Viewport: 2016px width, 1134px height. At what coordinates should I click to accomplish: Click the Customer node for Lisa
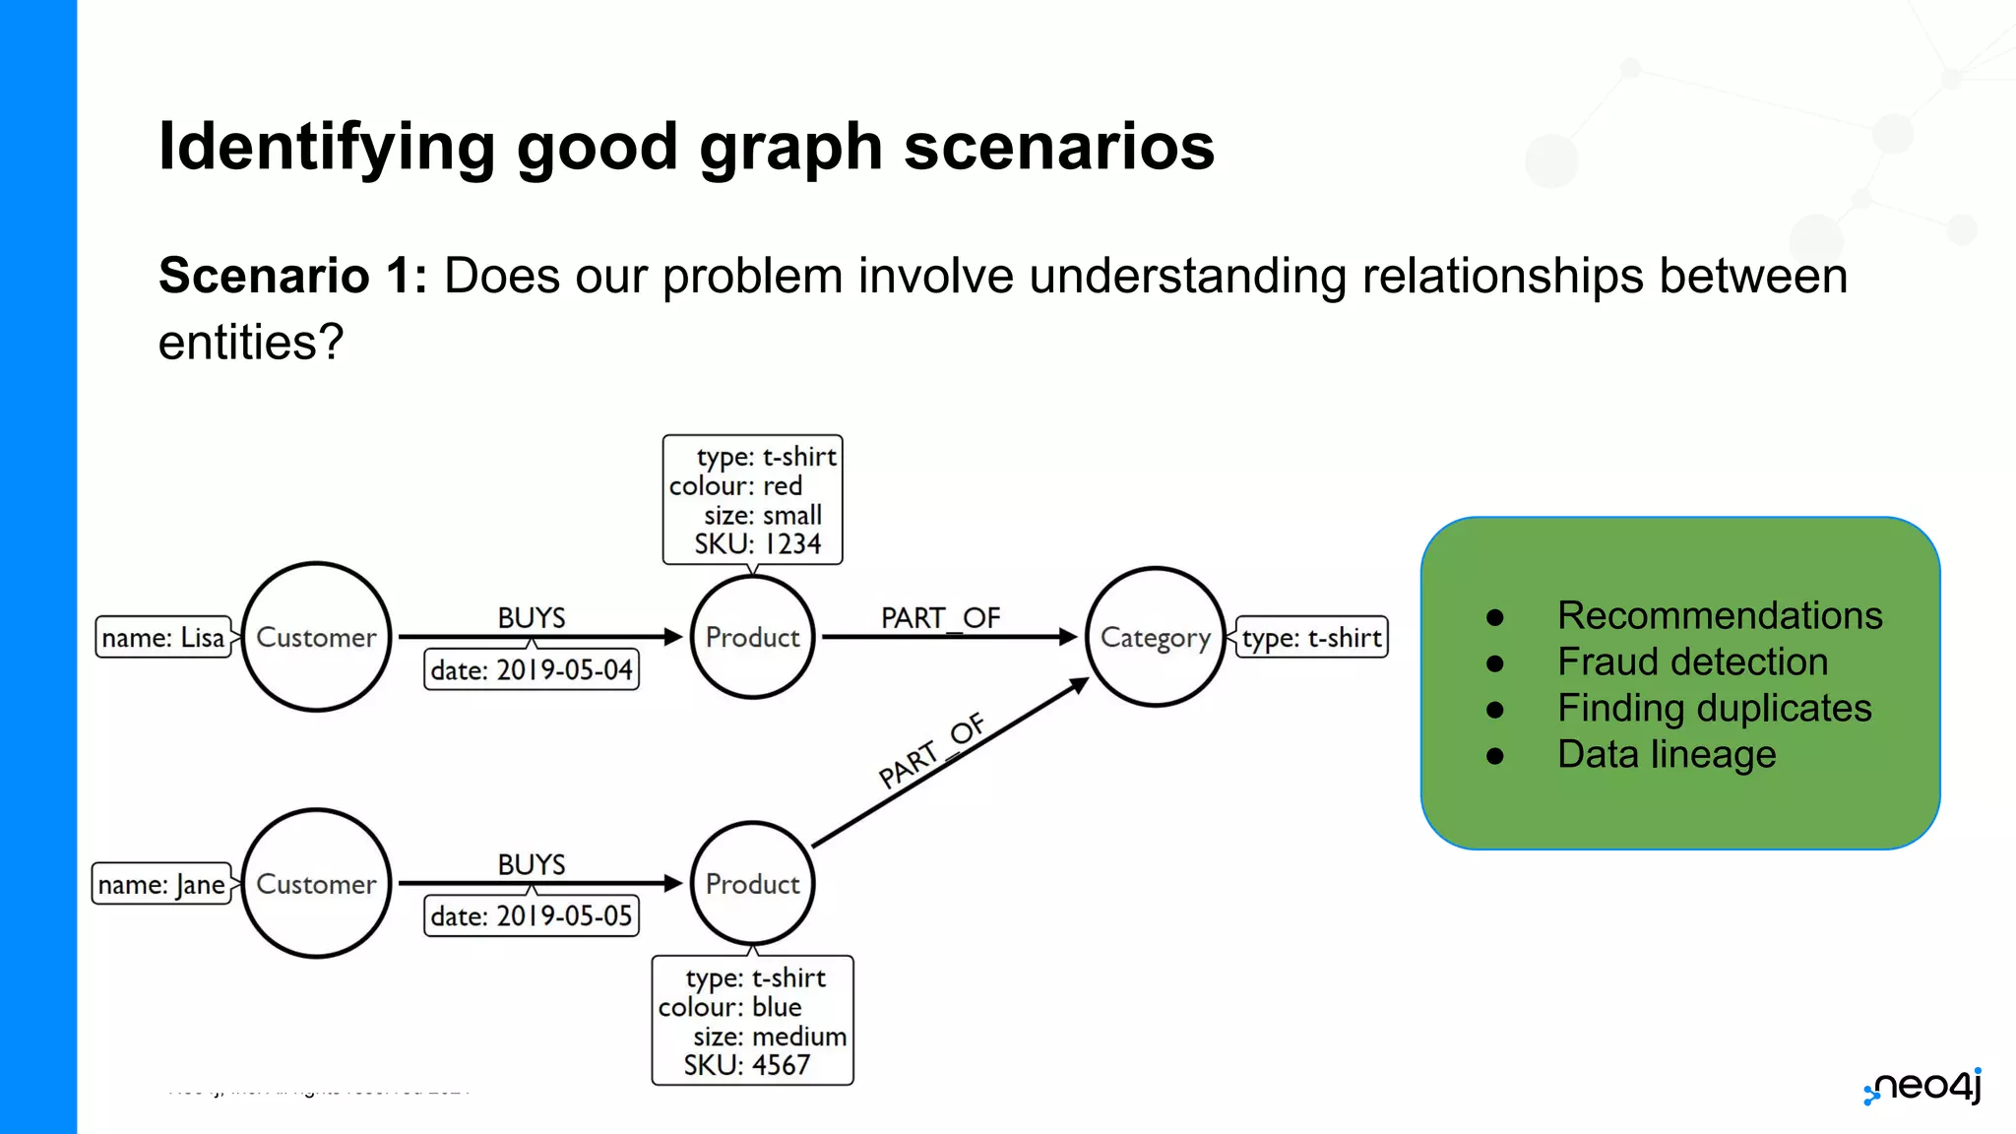pyautogui.click(x=316, y=637)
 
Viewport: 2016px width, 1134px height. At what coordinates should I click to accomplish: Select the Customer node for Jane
pyautogui.click(x=316, y=883)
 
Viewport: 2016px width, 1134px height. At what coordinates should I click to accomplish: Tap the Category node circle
pyautogui.click(x=1155, y=637)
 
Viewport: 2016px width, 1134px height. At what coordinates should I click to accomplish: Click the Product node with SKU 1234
pyautogui.click(x=752, y=637)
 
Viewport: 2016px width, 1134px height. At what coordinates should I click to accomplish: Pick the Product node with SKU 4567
pyautogui.click(x=752, y=883)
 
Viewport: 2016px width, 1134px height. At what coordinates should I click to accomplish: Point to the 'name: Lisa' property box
pyautogui.click(x=163, y=638)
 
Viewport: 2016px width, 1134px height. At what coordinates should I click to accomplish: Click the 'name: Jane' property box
pyautogui.click(x=161, y=884)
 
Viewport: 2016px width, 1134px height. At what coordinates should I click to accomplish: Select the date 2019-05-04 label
pyautogui.click(x=532, y=669)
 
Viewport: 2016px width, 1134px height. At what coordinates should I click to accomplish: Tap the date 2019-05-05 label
pyautogui.click(x=532, y=915)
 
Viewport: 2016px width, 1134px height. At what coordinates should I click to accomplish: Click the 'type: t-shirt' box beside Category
pyautogui.click(x=1311, y=638)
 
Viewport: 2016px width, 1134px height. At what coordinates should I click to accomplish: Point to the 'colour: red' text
pyautogui.click(x=736, y=485)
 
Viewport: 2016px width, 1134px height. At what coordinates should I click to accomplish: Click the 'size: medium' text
pyautogui.click(x=769, y=1036)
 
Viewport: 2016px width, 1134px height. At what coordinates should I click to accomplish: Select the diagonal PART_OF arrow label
pyautogui.click(x=931, y=751)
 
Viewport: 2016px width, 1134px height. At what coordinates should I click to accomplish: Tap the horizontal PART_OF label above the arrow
pyautogui.click(x=940, y=617)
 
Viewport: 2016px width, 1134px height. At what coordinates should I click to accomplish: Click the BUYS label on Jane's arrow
pyautogui.click(x=532, y=863)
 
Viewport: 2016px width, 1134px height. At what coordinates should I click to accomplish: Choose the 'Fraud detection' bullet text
pyautogui.click(x=1692, y=661)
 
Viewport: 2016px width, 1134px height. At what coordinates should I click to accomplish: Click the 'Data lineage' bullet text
pyautogui.click(x=1667, y=754)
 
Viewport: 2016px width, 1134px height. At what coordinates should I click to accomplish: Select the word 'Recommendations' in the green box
pyautogui.click(x=1720, y=615)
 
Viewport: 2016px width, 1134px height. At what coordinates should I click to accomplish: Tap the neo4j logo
pyautogui.click(x=1923, y=1087)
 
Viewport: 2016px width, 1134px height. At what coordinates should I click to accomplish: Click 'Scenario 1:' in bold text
pyautogui.click(x=292, y=276)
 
